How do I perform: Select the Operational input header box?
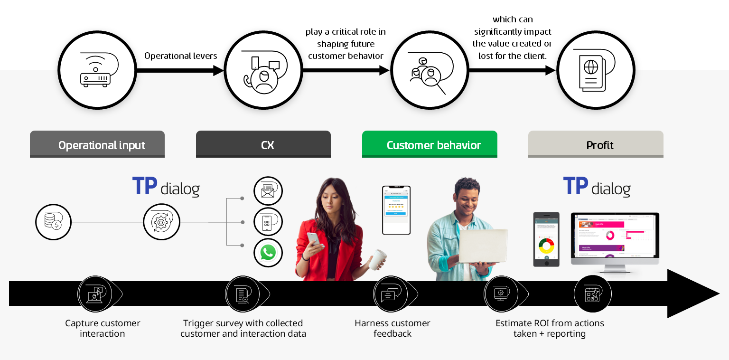pyautogui.click(x=97, y=144)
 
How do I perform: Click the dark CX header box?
pyautogui.click(x=263, y=144)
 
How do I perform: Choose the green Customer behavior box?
pyautogui.click(x=430, y=144)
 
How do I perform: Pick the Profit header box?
pyautogui.click(x=596, y=144)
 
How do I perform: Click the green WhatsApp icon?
pyautogui.click(x=268, y=253)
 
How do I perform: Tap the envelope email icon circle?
pyautogui.click(x=268, y=191)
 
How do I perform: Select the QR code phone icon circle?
pyautogui.click(x=268, y=222)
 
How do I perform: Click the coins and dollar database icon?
pyautogui.click(x=53, y=222)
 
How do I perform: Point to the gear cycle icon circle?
pyautogui.click(x=161, y=222)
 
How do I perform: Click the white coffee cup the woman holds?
pyautogui.click(x=378, y=260)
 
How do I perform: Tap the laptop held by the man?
pyautogui.click(x=482, y=246)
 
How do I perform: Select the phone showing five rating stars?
pyautogui.click(x=396, y=210)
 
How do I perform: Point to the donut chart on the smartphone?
pyautogui.click(x=546, y=246)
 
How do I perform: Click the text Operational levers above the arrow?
pyautogui.click(x=180, y=56)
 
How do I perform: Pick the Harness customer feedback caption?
pyautogui.click(x=393, y=328)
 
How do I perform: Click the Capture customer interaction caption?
pyautogui.click(x=103, y=328)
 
